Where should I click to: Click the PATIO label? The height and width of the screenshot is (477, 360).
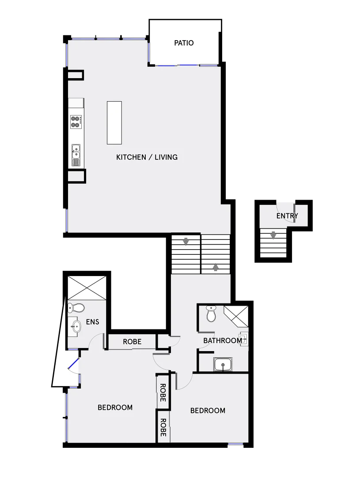pyautogui.click(x=184, y=43)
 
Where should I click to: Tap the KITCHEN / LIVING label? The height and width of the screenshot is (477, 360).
pyautogui.click(x=147, y=157)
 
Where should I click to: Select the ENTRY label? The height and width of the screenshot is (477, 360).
pyautogui.click(x=287, y=216)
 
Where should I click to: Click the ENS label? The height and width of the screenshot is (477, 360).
pyautogui.click(x=92, y=322)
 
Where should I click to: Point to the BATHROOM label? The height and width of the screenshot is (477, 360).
pyautogui.click(x=222, y=341)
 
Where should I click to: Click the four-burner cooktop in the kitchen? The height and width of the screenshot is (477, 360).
pyautogui.click(x=76, y=121)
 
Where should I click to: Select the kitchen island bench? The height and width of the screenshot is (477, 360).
pyautogui.click(x=114, y=122)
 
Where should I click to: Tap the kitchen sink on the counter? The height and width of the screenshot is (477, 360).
pyautogui.click(x=76, y=153)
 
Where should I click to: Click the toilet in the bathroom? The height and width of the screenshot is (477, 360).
pyautogui.click(x=211, y=314)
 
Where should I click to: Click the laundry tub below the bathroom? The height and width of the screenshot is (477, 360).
pyautogui.click(x=224, y=365)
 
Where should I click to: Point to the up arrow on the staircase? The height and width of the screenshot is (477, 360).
pyautogui.click(x=216, y=267)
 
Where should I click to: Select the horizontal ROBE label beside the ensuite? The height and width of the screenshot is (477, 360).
pyautogui.click(x=132, y=342)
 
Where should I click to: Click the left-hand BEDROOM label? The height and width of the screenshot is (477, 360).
pyautogui.click(x=115, y=407)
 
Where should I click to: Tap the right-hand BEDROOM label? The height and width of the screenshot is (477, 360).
pyautogui.click(x=208, y=411)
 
